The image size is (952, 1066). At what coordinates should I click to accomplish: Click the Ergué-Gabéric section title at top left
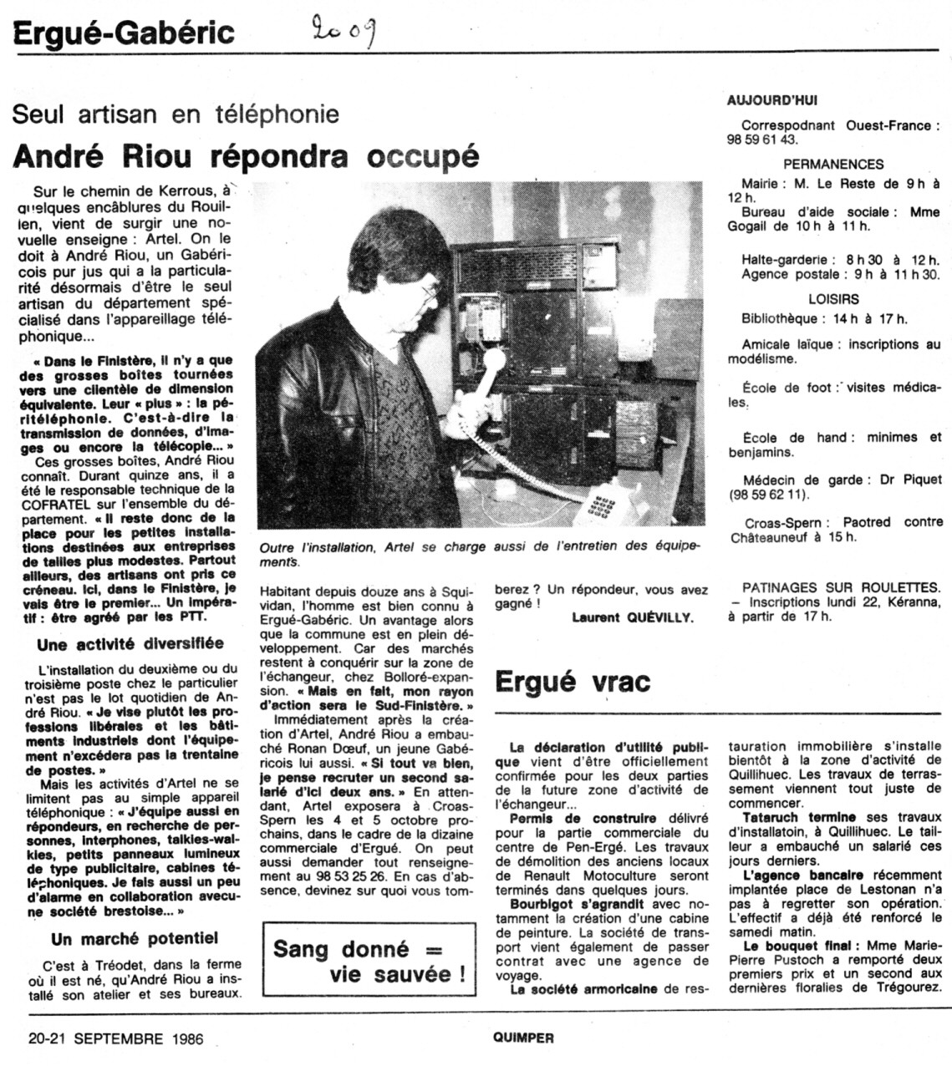tap(124, 33)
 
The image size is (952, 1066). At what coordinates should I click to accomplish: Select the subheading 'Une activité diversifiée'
tap(130, 643)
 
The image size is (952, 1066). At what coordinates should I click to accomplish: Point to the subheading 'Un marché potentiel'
tap(135, 938)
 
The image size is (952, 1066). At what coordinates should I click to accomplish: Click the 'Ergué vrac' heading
tap(573, 682)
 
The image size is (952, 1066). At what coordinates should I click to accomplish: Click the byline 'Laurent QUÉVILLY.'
tap(633, 617)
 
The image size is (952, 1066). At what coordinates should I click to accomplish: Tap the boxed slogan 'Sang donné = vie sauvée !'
tap(369, 962)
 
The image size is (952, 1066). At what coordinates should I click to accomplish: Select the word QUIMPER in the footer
tap(522, 1038)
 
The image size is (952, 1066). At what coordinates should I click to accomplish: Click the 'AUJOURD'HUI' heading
tap(771, 100)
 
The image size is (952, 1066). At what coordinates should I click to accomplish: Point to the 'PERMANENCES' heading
tap(833, 165)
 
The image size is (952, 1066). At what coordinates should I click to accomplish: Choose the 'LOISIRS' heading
tap(833, 298)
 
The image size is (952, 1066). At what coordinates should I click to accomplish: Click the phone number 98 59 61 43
tap(762, 140)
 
